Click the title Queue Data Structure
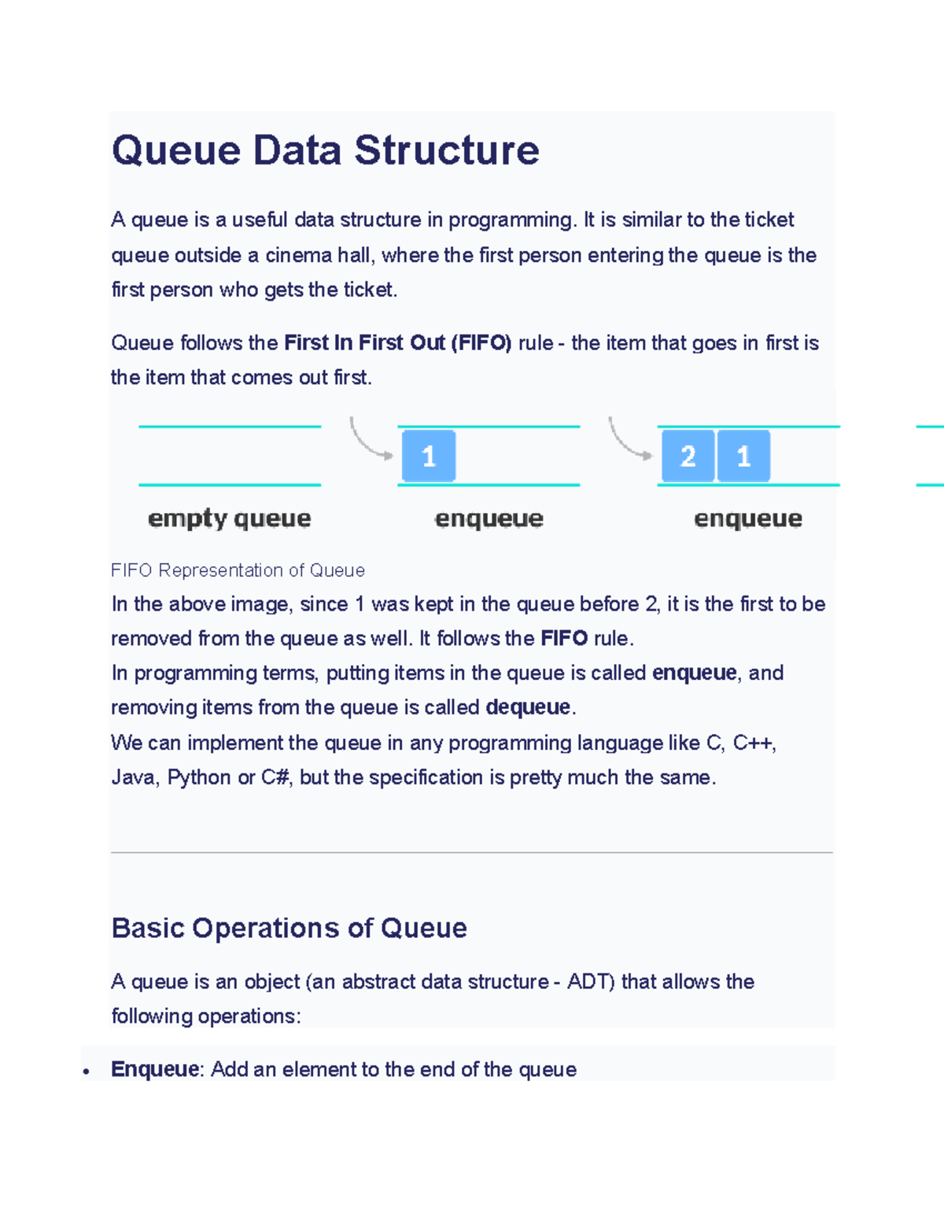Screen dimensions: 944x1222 [325, 150]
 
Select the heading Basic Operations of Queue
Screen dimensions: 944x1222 [289, 928]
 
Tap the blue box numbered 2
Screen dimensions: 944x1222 [688, 456]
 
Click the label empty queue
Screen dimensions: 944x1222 [229, 519]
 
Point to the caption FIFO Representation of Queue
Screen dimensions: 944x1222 [238, 570]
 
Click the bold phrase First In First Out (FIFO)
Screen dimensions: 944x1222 [397, 343]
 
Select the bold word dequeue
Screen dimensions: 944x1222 [528, 707]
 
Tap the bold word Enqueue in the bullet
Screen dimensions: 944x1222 [155, 1069]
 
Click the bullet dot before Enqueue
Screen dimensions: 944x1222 [87, 1071]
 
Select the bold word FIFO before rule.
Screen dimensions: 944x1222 [564, 638]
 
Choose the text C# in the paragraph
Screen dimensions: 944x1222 [276, 777]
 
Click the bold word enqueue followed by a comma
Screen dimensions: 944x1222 [694, 673]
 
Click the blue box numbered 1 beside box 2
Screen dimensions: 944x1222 [743, 456]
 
